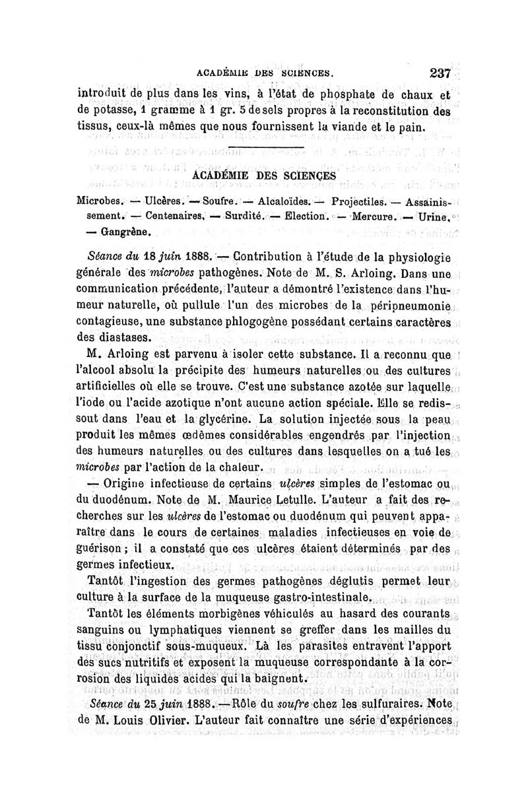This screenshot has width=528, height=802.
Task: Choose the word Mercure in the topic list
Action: click(373, 216)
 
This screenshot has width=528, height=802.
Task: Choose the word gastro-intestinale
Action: click(312, 598)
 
